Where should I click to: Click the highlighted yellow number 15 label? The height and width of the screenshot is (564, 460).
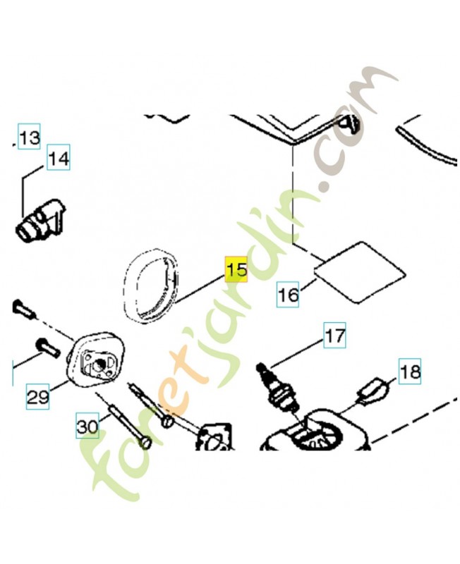[x=236, y=269]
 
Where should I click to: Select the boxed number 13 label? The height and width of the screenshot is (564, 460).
[x=30, y=137]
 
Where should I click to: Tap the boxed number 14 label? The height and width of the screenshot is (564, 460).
[x=59, y=157]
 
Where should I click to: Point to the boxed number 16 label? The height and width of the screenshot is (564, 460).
[x=288, y=295]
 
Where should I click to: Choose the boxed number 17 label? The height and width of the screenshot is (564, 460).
[x=334, y=336]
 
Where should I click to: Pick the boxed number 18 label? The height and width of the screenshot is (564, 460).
[x=410, y=372]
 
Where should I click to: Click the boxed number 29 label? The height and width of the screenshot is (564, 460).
[x=38, y=396]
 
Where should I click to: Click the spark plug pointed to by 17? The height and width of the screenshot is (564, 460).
[x=277, y=388]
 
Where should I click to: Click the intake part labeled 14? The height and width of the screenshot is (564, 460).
[x=40, y=219]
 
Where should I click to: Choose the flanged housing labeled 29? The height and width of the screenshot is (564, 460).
[x=95, y=359]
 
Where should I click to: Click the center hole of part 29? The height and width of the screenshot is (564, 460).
[x=98, y=366]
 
